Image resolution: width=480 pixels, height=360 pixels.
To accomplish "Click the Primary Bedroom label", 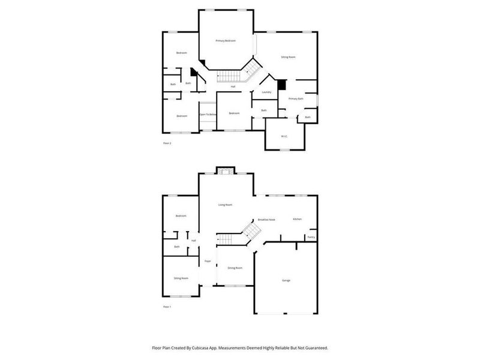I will (226, 41).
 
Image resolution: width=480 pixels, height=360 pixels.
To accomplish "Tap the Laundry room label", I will (266, 92).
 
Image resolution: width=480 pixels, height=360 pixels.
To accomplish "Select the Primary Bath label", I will (296, 98).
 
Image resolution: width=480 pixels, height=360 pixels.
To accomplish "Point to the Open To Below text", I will (208, 114).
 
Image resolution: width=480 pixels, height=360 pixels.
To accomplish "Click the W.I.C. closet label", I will (284, 136).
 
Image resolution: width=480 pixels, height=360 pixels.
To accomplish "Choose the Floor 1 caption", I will (167, 307).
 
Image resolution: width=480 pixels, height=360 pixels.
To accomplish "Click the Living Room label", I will (226, 205).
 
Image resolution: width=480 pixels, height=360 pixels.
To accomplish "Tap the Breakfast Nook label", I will (266, 220).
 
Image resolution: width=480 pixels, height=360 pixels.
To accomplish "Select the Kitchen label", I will (297, 219).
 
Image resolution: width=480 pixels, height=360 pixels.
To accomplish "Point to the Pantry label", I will (311, 238).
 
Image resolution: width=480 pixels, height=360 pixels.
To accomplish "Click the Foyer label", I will (208, 262).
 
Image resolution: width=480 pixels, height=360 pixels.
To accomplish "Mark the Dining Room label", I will (235, 268).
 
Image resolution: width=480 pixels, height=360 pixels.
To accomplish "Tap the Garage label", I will (286, 280).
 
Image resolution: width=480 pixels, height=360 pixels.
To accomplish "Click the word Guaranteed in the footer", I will (314, 347).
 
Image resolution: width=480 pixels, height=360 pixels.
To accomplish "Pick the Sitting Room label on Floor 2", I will (289, 57).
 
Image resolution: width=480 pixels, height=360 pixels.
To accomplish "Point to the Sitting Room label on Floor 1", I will (181, 278).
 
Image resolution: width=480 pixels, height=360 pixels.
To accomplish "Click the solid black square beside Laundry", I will (281, 85).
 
